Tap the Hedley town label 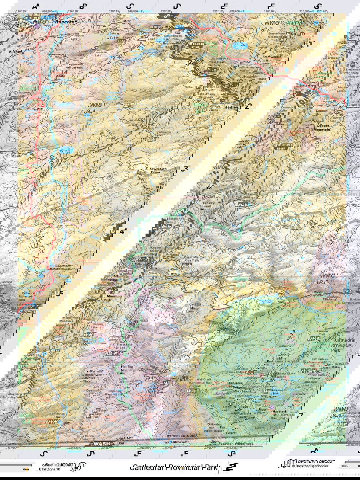tap(231, 107)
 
